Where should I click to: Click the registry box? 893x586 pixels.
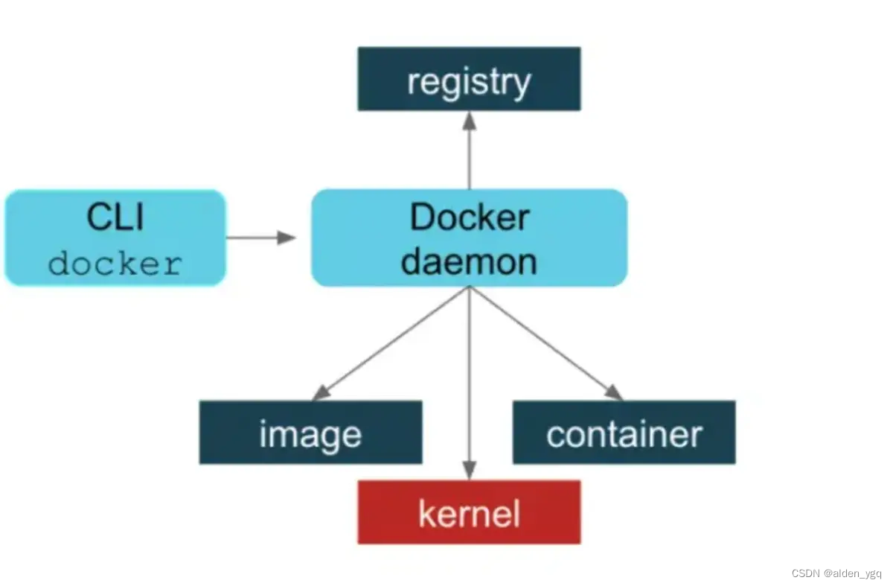click(x=469, y=79)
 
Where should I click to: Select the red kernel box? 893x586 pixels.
click(x=469, y=512)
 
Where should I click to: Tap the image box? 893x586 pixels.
click(x=310, y=433)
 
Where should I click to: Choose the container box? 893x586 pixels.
click(x=624, y=433)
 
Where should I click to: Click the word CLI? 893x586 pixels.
click(x=115, y=217)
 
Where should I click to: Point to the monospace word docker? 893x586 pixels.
click(x=115, y=264)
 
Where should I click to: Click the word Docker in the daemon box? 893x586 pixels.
click(x=469, y=217)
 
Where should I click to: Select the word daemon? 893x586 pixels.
click(x=469, y=261)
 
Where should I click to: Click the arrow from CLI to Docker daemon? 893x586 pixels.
click(x=257, y=238)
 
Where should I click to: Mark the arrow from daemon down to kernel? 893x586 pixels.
click(x=469, y=380)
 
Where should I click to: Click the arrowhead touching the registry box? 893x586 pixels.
click(x=469, y=121)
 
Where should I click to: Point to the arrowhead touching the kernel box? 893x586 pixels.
click(x=469, y=471)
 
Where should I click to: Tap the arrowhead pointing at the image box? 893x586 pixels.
click(x=321, y=392)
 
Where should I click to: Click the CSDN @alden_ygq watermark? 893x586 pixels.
click(x=836, y=573)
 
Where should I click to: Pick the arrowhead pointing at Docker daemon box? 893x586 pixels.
click(x=287, y=238)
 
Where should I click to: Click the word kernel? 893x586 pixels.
click(x=469, y=514)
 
